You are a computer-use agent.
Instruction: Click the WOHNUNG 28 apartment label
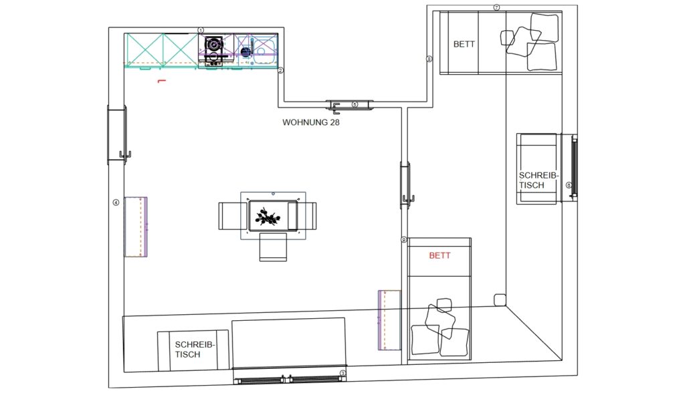(x=310, y=122)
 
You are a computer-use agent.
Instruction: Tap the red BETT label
(x=439, y=255)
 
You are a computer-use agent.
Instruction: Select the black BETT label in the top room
(x=464, y=44)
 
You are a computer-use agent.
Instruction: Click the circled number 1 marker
(x=201, y=31)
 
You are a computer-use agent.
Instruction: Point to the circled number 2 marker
(x=280, y=70)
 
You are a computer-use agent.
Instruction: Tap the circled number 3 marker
(x=343, y=374)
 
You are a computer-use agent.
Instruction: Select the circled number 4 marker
(x=116, y=203)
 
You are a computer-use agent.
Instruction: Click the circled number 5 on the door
(x=355, y=105)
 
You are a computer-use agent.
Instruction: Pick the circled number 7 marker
(x=496, y=7)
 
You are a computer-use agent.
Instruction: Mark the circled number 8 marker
(x=429, y=59)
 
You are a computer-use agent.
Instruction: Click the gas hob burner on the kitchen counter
(x=214, y=44)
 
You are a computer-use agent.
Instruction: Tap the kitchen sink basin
(x=264, y=50)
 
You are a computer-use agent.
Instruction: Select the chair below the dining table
(x=273, y=247)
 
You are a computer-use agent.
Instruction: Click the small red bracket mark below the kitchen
(x=162, y=81)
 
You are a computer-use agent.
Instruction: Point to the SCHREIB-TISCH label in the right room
(x=539, y=180)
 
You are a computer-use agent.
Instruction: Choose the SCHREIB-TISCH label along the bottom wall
(x=195, y=350)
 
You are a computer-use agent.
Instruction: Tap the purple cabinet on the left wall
(x=136, y=227)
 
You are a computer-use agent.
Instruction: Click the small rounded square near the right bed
(x=500, y=300)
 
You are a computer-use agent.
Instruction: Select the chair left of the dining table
(x=233, y=216)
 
